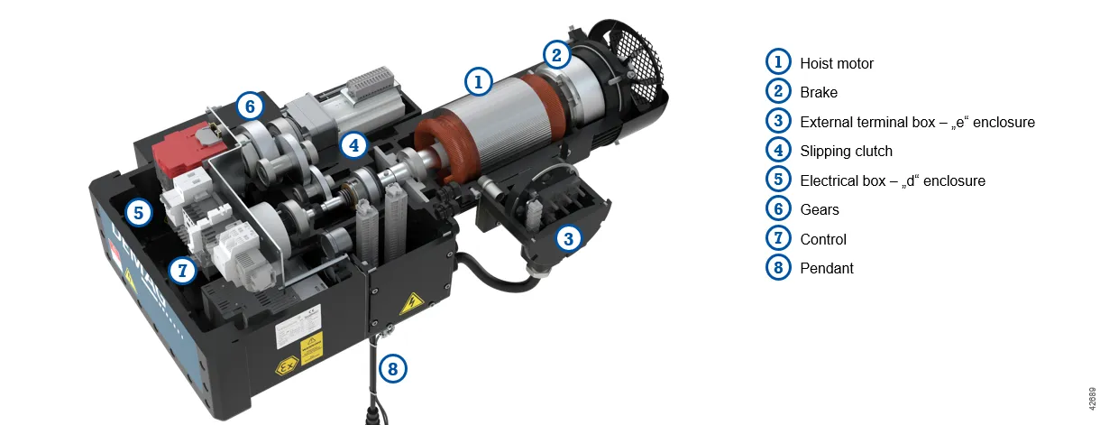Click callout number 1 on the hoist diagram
click(x=478, y=81)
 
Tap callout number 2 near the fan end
click(x=557, y=54)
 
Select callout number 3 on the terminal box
click(x=569, y=239)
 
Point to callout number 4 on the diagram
click(x=353, y=145)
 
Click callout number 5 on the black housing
click(x=139, y=213)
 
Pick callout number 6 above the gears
click(x=250, y=106)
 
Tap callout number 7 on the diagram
click(x=183, y=270)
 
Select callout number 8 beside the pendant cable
click(x=393, y=368)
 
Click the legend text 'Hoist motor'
click(x=837, y=63)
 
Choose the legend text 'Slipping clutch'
click(x=846, y=151)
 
